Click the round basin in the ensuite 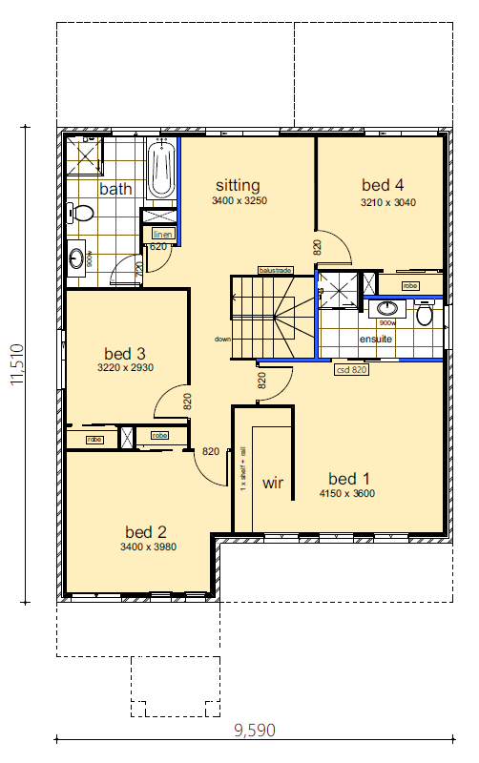click(387, 308)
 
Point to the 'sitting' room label click(238, 185)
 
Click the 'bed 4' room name click(383, 184)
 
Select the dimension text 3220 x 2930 click(126, 367)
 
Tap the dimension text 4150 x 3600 click(352, 494)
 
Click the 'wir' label click(274, 483)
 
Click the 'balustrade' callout click(275, 271)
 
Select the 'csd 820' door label click(352, 368)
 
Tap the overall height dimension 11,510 click(16, 364)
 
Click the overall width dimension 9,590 click(254, 731)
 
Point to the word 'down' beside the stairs click(222, 339)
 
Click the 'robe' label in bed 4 click(410, 285)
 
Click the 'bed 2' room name click(146, 531)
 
